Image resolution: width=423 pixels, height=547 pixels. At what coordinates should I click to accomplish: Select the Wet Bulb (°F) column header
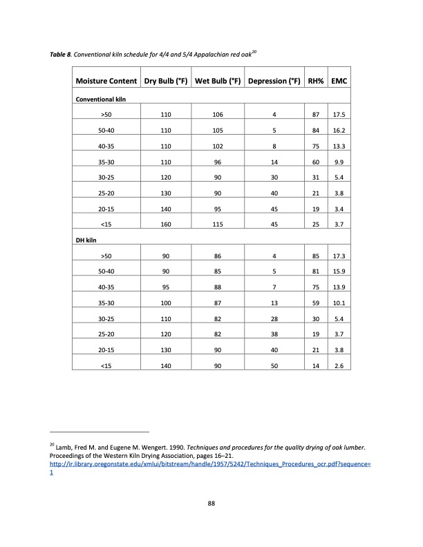tap(218, 81)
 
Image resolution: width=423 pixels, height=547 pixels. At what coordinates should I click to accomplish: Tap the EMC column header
tap(339, 81)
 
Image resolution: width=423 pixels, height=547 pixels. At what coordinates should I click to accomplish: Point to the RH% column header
tap(316, 81)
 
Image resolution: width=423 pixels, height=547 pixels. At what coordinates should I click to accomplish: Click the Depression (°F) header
tap(274, 81)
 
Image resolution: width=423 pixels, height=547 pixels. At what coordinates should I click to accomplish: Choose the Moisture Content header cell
tap(106, 81)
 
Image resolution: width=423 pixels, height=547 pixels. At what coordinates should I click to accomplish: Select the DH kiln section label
tap(85, 240)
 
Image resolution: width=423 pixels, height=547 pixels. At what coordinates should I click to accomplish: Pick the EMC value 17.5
tap(339, 115)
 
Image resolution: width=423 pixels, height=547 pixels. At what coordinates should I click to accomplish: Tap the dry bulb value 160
tap(166, 225)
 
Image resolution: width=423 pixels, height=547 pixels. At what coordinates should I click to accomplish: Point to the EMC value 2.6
tap(339, 366)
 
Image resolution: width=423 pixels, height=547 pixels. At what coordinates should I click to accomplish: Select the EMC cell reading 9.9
tap(339, 162)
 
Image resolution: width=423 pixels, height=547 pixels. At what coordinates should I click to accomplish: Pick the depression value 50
tap(274, 366)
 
